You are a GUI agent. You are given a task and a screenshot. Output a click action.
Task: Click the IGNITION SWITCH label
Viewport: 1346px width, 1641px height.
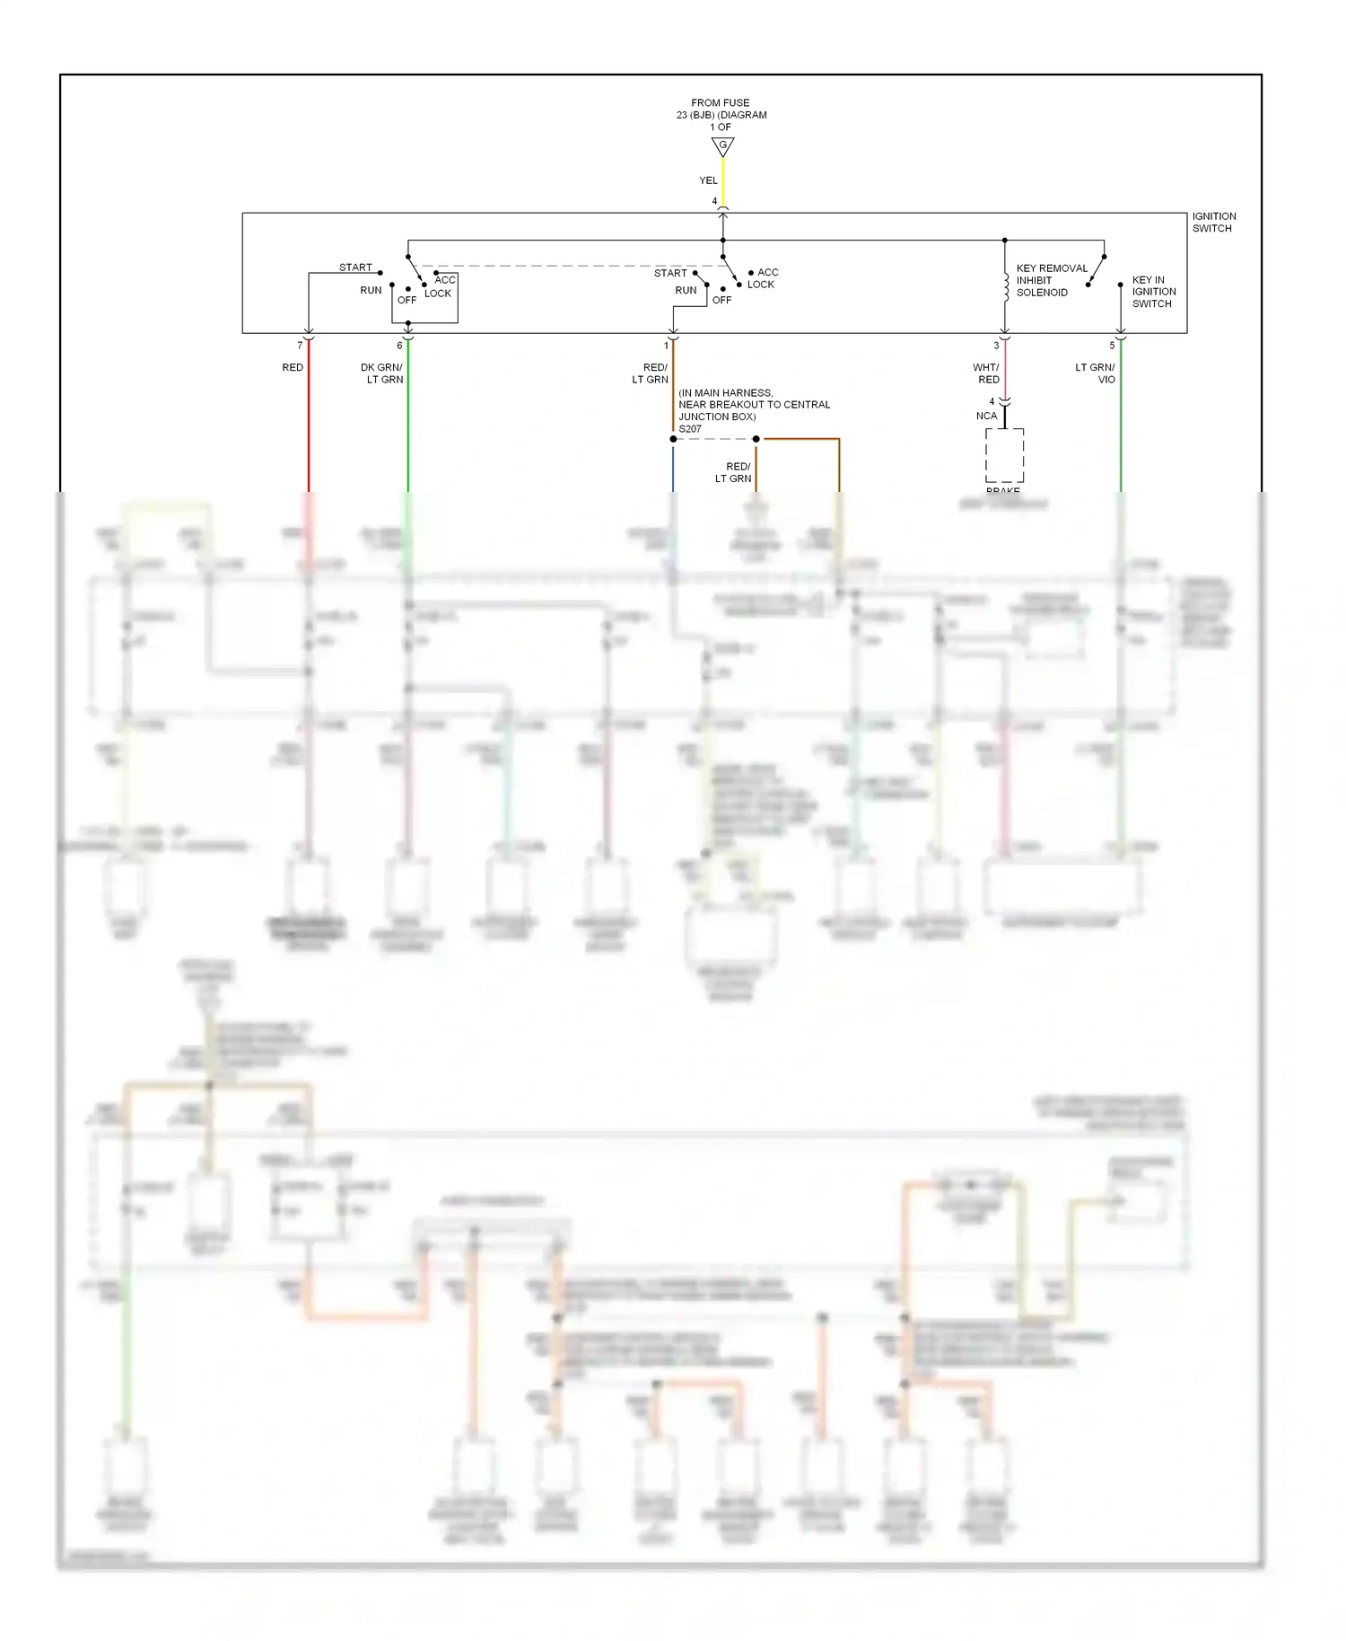(x=1213, y=222)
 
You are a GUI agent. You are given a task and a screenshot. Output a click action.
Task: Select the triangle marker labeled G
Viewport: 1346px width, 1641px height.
(x=722, y=146)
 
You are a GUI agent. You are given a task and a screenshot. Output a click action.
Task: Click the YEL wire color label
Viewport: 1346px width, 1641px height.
(x=708, y=180)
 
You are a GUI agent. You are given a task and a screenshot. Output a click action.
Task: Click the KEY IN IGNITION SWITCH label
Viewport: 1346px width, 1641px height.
(x=1153, y=292)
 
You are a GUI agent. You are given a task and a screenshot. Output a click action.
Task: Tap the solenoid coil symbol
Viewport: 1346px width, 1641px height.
(x=1006, y=286)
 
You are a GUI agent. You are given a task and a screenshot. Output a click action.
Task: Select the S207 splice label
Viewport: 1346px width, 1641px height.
(x=690, y=429)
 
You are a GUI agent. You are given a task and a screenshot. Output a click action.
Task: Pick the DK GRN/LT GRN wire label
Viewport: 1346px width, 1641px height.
(x=382, y=373)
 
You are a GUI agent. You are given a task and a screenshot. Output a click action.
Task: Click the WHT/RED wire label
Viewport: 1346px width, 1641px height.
(x=986, y=373)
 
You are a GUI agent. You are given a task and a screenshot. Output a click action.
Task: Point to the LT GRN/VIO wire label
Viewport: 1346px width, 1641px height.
(x=1096, y=373)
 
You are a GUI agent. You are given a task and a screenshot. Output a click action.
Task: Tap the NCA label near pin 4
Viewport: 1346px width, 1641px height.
(x=986, y=416)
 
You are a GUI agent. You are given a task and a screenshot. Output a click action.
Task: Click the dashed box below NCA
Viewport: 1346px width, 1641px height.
(x=1004, y=455)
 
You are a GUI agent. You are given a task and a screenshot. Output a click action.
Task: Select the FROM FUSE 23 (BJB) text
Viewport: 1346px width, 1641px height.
(x=721, y=109)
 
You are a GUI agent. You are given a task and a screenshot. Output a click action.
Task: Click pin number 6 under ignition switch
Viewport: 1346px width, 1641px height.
(x=399, y=346)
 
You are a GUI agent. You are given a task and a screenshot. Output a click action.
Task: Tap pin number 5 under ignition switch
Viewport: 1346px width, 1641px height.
(x=1112, y=346)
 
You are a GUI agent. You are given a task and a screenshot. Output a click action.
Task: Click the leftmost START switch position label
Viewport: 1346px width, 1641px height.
(x=355, y=268)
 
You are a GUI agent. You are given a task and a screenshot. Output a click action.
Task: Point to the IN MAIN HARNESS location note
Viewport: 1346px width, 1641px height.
(x=754, y=405)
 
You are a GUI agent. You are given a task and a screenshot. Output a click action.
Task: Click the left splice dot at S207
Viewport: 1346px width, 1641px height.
(x=673, y=439)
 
